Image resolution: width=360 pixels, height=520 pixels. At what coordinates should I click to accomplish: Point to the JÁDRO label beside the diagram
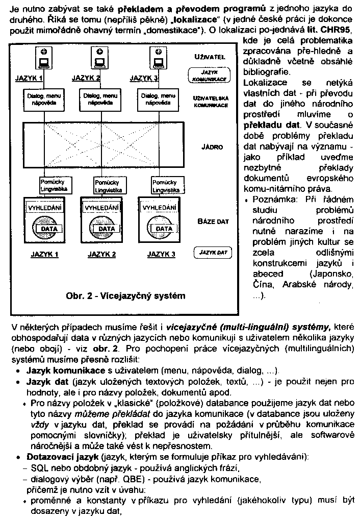point(212,147)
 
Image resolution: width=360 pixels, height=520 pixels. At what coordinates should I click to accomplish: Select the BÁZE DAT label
point(213,222)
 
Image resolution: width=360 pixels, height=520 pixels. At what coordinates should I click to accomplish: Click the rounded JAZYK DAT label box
point(213,253)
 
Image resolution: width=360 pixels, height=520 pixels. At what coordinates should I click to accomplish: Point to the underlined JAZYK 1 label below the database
point(44,255)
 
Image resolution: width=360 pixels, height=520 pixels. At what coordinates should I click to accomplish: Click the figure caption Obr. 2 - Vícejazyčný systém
point(125,295)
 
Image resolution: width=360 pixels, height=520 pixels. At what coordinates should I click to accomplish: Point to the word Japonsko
point(334,274)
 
